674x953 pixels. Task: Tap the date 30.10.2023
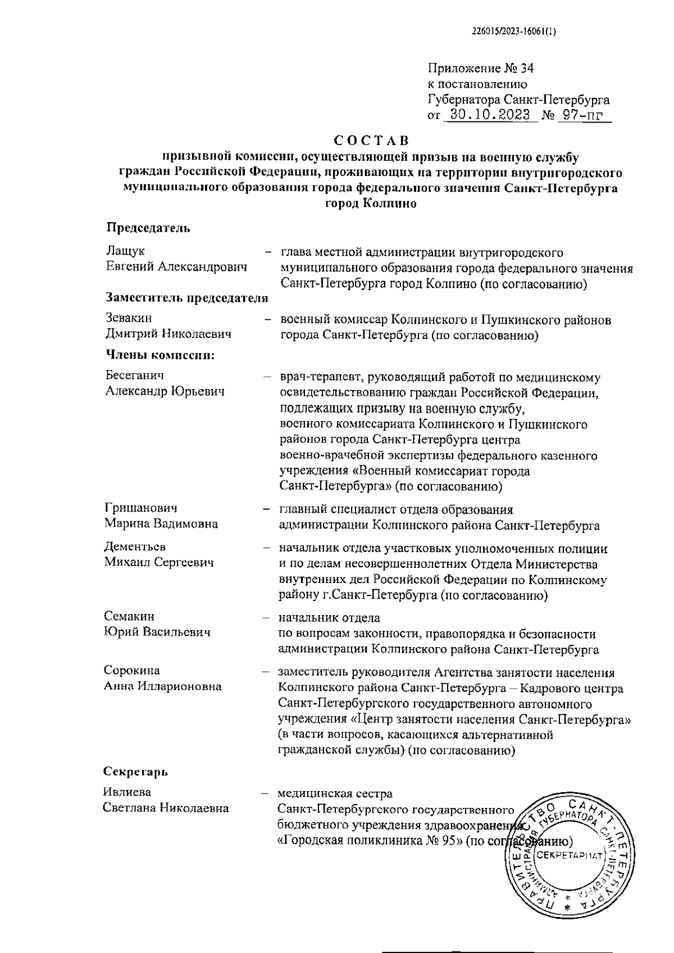[487, 116]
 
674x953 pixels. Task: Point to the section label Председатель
[148, 228]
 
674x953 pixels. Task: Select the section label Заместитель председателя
[186, 299]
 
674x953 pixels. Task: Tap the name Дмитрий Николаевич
[168, 335]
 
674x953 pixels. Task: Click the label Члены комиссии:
[161, 355]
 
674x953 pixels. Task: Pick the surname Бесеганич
[135, 375]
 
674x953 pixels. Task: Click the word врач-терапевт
[320, 378]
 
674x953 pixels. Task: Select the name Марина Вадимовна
[161, 524]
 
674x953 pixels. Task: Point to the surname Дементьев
[135, 546]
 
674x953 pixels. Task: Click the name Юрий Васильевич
[157, 632]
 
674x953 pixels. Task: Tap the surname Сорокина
[132, 670]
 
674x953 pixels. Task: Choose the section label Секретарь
[136, 771]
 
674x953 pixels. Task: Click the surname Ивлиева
[127, 792]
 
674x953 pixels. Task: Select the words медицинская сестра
[335, 794]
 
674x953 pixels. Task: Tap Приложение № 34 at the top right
[481, 69]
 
